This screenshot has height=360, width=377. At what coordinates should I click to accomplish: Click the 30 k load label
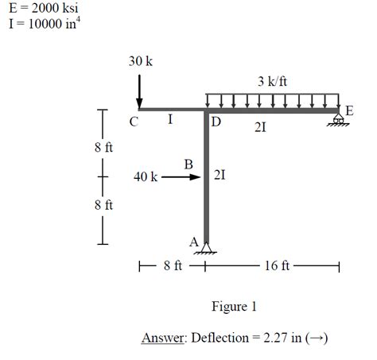tap(141, 61)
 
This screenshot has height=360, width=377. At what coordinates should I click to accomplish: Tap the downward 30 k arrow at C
tap(139, 91)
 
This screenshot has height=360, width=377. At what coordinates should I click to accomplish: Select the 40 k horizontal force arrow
tap(181, 177)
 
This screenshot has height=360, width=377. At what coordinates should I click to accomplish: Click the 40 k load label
tap(146, 176)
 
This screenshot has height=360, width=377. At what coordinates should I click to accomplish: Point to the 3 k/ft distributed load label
tap(272, 81)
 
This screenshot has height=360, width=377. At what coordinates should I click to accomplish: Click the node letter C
tap(134, 122)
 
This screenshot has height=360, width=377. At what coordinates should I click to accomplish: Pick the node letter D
tap(216, 122)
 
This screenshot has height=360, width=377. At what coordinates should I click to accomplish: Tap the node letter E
tap(349, 110)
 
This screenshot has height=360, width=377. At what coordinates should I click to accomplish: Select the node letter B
tap(188, 165)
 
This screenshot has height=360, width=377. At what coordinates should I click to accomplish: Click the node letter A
tap(194, 242)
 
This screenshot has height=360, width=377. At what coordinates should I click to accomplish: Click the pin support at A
tap(206, 248)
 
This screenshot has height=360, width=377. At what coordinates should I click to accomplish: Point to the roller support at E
tap(338, 120)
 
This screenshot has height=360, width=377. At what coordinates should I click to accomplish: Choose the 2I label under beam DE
tap(260, 128)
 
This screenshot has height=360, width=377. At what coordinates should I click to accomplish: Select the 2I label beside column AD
tap(220, 175)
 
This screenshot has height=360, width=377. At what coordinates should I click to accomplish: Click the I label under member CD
tap(170, 119)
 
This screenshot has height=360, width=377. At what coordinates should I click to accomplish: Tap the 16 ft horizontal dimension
tap(272, 265)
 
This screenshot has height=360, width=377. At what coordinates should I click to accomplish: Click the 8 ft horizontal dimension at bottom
tap(173, 265)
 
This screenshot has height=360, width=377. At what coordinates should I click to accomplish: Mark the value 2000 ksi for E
tap(55, 8)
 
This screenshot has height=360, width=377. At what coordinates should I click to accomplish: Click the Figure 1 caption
tap(234, 307)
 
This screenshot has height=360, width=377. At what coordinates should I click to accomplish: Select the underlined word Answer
tap(162, 338)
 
